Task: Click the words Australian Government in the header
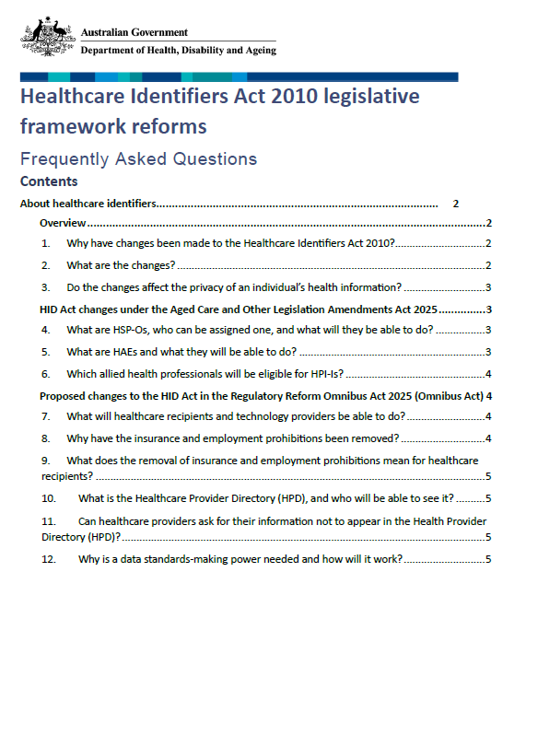[134, 32]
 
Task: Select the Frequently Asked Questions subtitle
[138, 158]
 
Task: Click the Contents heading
[49, 181]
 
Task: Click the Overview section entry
[63, 224]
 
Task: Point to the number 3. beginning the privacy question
[46, 287]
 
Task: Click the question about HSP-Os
[250, 329]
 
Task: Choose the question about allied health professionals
[205, 373]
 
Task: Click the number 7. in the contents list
[46, 416]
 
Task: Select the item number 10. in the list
[50, 498]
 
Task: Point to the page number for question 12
[488, 559]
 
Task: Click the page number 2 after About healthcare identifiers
[455, 204]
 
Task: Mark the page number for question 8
[488, 438]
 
